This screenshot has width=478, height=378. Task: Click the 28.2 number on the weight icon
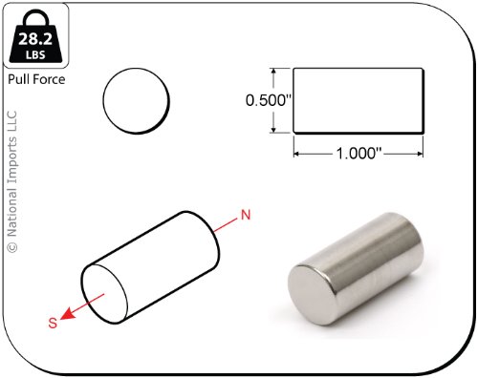(35, 39)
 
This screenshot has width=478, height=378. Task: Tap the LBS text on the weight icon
(35, 54)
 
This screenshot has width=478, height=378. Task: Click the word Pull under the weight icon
(17, 79)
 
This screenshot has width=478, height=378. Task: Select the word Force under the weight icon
(48, 79)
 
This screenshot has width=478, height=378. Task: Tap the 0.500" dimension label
(269, 100)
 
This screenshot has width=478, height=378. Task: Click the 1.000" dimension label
(359, 154)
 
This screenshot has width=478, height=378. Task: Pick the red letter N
(246, 215)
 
